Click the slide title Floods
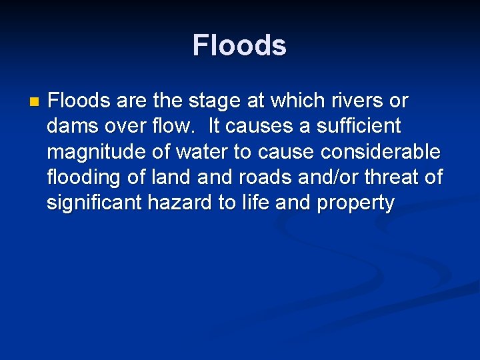tap(239, 46)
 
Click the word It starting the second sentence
tap(215, 127)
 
